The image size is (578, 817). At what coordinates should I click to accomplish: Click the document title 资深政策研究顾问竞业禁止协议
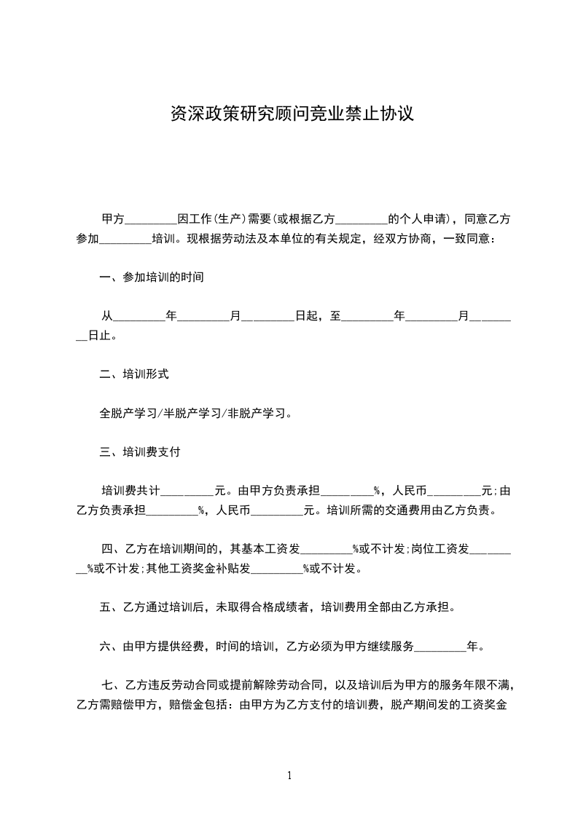(x=292, y=114)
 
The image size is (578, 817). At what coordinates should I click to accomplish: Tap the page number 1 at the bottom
(x=289, y=775)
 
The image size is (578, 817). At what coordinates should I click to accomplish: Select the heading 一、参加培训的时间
(x=152, y=277)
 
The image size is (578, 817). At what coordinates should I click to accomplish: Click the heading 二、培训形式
(x=134, y=374)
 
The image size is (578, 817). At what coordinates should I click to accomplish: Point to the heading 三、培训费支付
(x=140, y=451)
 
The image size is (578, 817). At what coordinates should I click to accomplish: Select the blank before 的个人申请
(x=361, y=219)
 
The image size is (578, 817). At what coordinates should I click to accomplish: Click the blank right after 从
(x=139, y=317)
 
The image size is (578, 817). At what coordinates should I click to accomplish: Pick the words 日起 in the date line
(x=305, y=317)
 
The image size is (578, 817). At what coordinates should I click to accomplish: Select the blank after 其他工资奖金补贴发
(x=277, y=569)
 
